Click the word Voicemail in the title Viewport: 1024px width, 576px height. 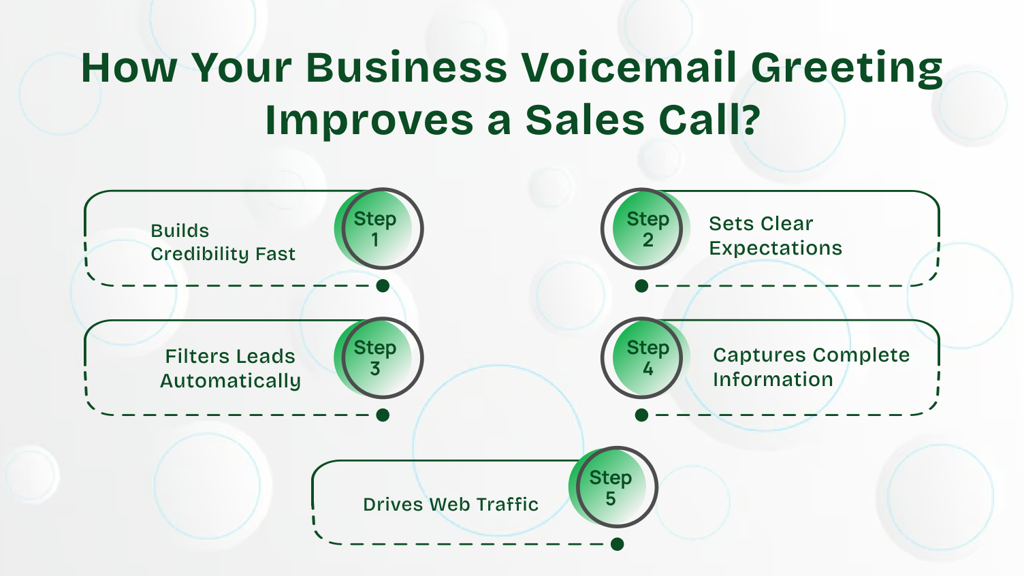tap(629, 67)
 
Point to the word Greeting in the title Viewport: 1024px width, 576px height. tap(846, 69)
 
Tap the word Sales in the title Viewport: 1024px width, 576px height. tap(584, 121)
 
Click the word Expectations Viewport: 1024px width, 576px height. tap(775, 249)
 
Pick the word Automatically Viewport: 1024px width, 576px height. tap(230, 381)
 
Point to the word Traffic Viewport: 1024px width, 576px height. tap(507, 505)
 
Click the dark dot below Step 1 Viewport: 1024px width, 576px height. tap(383, 286)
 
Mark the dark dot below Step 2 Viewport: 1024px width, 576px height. tap(641, 286)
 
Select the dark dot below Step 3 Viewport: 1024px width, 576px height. tap(383, 415)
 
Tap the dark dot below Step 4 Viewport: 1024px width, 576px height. tap(641, 415)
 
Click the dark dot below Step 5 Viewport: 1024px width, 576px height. tap(617, 544)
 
